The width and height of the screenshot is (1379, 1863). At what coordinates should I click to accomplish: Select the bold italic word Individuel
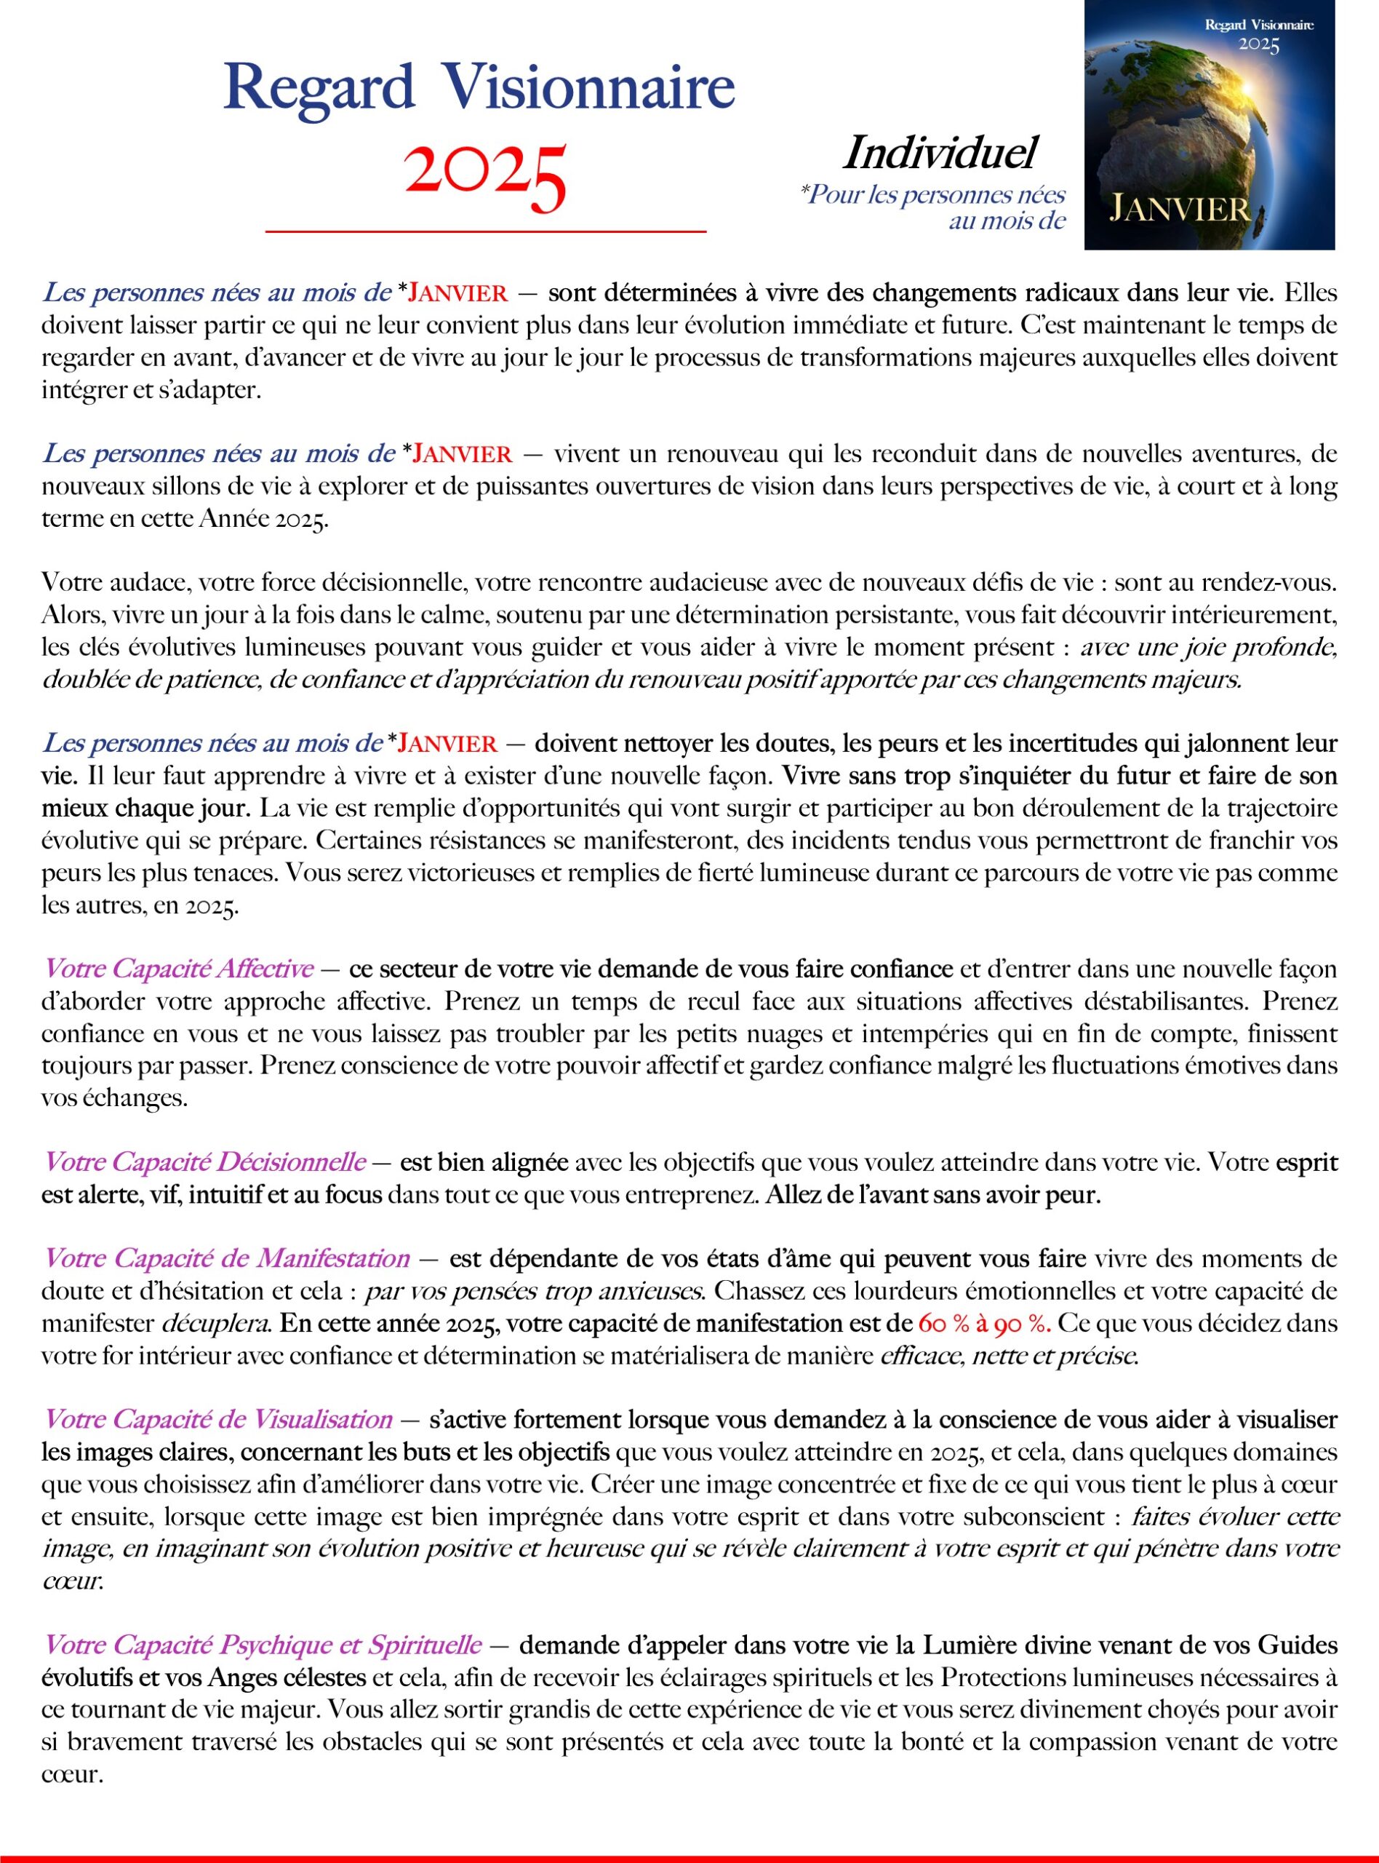940,153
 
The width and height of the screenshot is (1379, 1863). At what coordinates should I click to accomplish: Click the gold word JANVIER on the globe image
1179,208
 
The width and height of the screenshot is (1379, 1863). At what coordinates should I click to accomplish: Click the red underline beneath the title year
486,231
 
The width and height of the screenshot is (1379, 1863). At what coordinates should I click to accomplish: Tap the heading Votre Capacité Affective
179,969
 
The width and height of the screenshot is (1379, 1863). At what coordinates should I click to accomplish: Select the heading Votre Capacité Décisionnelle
204,1161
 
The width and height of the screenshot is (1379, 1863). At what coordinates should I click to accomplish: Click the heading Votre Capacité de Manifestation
226,1258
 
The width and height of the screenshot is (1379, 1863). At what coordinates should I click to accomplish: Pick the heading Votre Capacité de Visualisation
218,1419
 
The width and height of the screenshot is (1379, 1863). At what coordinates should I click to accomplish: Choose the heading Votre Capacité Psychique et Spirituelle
262,1644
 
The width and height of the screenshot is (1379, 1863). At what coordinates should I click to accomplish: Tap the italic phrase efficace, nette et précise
1010,1355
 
